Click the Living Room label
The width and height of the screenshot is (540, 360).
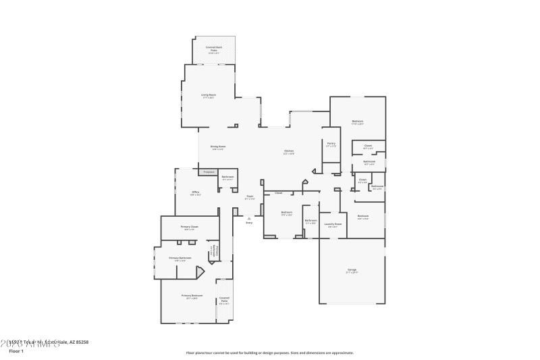pos(209,95)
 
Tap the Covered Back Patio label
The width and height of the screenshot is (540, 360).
pos(214,48)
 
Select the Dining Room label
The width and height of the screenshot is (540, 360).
pos(217,147)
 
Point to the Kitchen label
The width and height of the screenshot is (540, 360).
pos(289,151)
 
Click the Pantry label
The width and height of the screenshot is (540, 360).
pos(331,144)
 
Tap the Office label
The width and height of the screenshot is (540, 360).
pos(196,192)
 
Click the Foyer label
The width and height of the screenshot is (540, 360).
pos(249,197)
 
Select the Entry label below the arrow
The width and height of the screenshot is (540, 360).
pos(249,222)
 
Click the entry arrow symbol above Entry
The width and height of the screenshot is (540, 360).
pos(249,217)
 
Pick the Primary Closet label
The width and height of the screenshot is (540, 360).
pos(190,228)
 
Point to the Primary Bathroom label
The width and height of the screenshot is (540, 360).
pos(180,258)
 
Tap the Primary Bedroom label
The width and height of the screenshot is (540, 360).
pos(192,296)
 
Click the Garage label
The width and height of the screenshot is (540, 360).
pos(352,270)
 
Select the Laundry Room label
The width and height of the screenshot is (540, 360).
pos(333,224)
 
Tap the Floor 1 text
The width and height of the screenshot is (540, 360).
pos(16,351)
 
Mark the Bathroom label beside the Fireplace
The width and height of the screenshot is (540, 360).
pos(227,177)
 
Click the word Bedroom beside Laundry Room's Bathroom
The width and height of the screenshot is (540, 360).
pos(286,213)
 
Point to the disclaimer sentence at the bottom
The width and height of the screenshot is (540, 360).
pos(270,353)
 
